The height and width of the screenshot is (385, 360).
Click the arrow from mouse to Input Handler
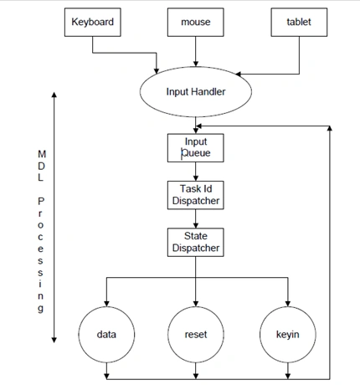[x=196, y=51]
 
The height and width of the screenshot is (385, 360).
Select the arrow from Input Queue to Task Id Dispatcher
[x=196, y=172]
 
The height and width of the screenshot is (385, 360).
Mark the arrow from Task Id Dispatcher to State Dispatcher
[x=196, y=218]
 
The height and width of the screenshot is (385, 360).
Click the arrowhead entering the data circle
[x=106, y=304]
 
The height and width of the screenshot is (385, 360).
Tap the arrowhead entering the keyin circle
[x=288, y=304]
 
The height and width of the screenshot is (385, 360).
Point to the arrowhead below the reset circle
[x=196, y=376]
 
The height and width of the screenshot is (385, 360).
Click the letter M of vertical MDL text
[x=42, y=154]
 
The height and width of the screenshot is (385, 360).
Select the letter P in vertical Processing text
[x=41, y=201]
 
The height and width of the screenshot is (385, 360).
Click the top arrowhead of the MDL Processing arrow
[x=54, y=95]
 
